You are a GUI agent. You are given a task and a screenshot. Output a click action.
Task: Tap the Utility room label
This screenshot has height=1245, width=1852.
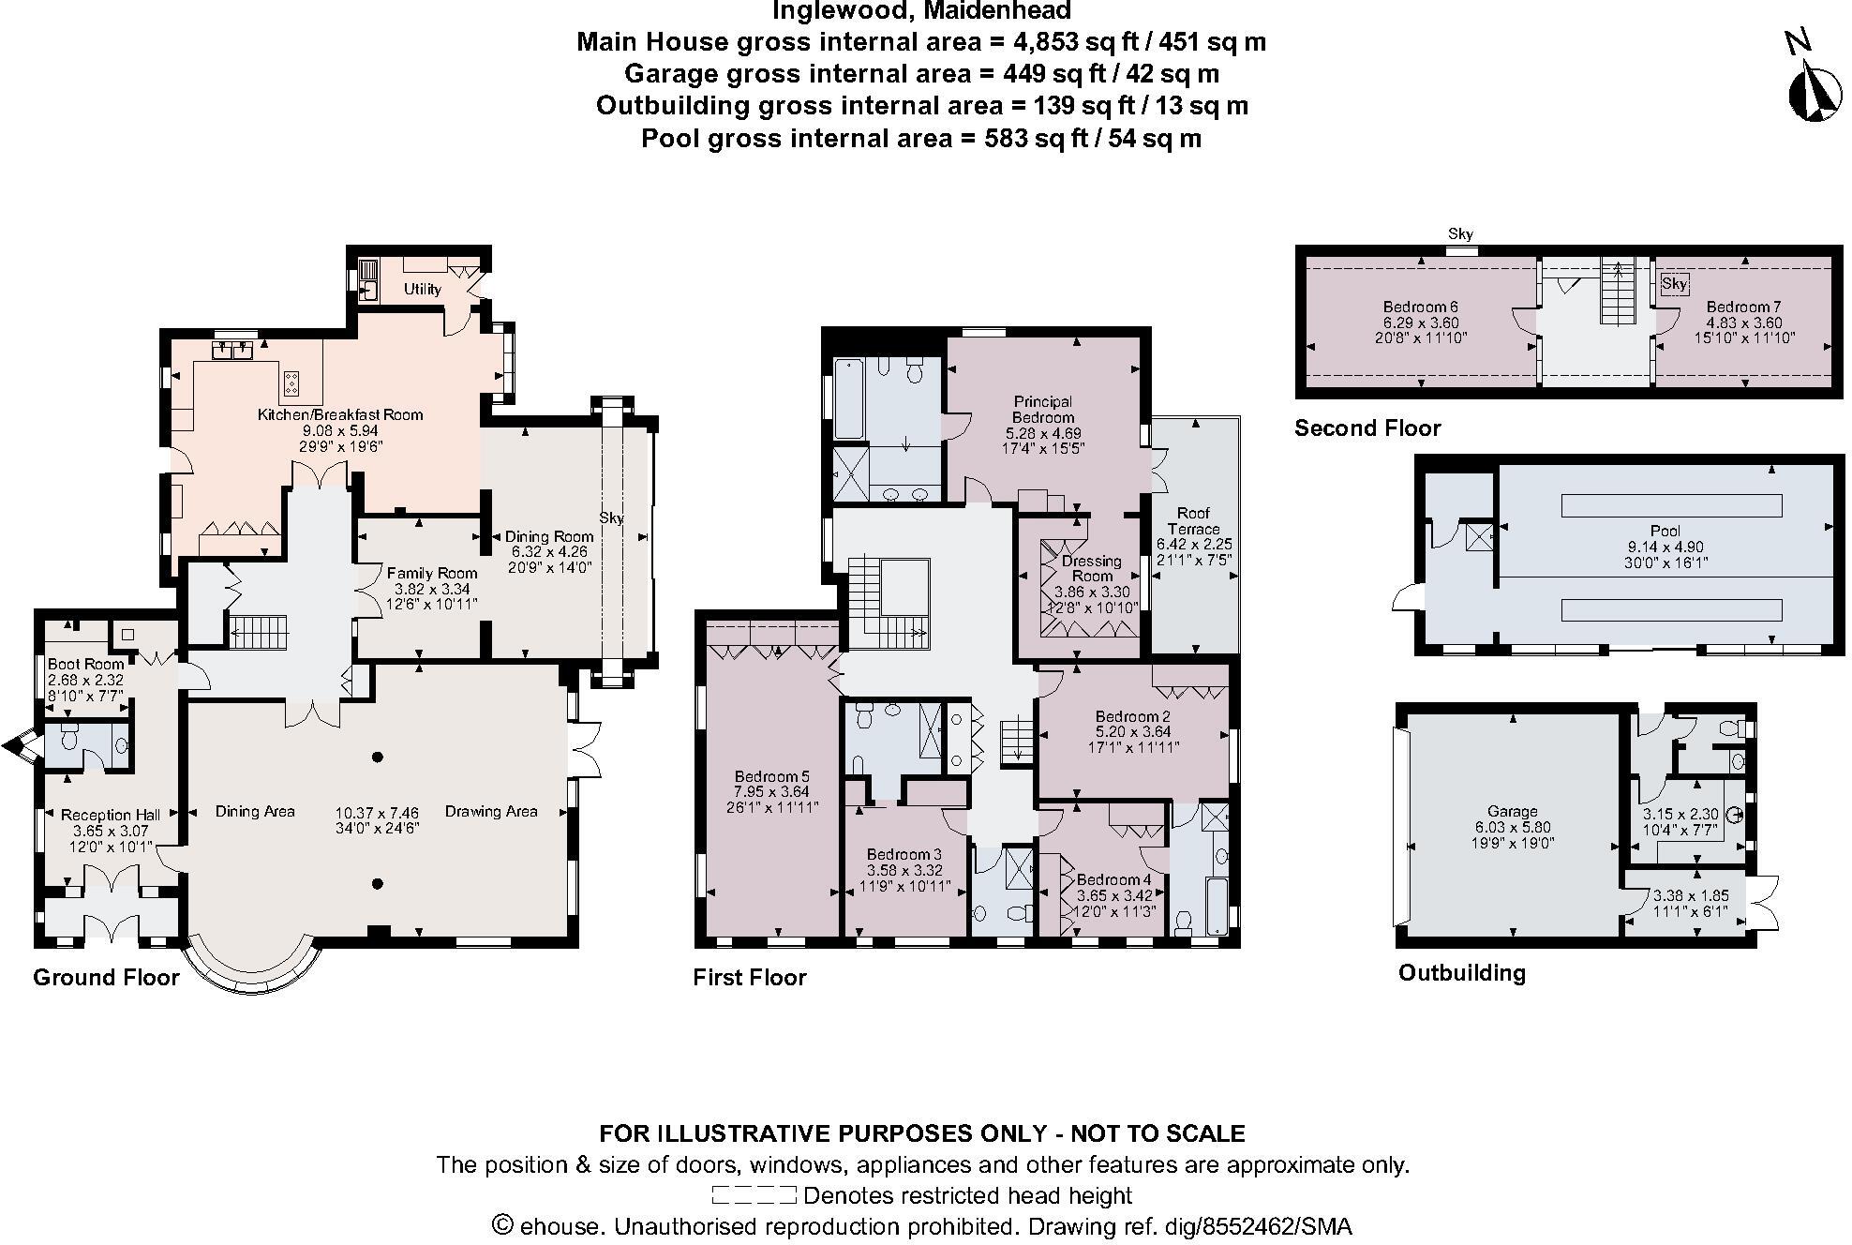(422, 289)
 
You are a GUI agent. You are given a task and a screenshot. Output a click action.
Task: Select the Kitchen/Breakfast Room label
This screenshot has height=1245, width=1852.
(340, 414)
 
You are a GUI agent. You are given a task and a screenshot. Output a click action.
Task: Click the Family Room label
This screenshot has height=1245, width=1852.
(431, 573)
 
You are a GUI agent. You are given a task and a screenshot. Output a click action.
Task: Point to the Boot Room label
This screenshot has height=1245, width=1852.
(85, 664)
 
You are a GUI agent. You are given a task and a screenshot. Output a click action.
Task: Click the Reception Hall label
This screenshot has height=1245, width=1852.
(111, 815)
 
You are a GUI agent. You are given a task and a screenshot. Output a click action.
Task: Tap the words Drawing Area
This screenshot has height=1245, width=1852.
(490, 811)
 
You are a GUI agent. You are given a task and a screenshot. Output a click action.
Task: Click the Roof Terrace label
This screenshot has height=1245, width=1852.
(1193, 520)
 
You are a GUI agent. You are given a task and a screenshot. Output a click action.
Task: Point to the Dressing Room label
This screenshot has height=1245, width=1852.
(1091, 568)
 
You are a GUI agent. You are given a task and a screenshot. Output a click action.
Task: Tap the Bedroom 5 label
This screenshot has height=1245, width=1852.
(771, 776)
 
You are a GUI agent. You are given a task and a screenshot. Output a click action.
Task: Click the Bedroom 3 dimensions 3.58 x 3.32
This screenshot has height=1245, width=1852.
(904, 870)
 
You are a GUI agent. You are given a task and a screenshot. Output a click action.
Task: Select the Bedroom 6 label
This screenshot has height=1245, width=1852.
(1420, 307)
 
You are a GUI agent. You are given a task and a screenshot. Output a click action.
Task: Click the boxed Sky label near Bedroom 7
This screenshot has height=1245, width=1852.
(1674, 283)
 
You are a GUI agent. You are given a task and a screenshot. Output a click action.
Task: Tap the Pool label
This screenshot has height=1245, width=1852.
(1665, 531)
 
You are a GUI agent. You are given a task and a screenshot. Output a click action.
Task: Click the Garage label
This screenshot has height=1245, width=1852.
(1512, 811)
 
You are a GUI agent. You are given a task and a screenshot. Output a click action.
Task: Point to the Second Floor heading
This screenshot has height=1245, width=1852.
(1367, 428)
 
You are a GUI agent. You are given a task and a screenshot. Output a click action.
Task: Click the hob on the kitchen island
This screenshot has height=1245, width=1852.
(291, 382)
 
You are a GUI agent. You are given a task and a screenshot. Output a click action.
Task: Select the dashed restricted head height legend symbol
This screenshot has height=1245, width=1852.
(754, 1195)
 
